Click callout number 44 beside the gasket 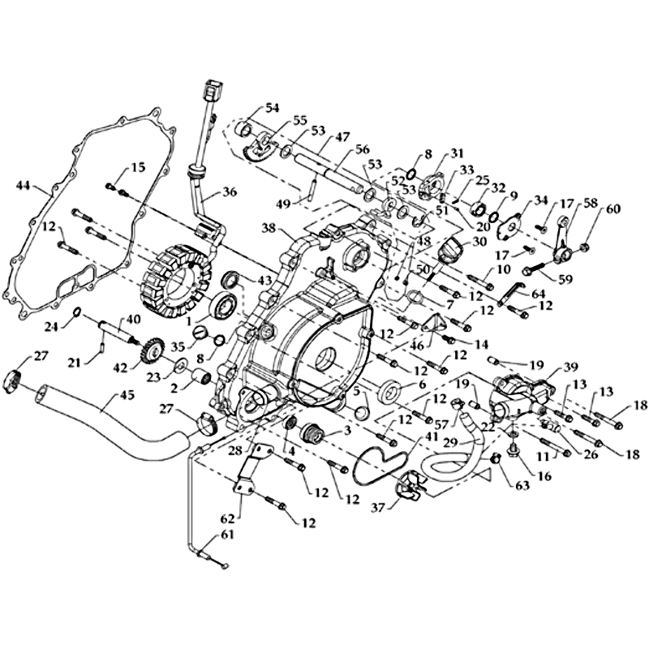[22, 186]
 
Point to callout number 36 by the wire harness [230, 193]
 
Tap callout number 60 [612, 209]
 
